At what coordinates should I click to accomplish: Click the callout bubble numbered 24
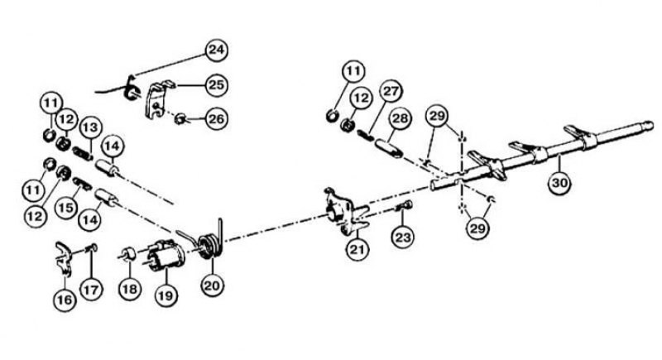coord(217,50)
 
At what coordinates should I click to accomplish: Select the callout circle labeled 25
coord(217,85)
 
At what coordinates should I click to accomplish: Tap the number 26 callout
coord(217,118)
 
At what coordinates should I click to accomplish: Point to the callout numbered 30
coord(560,183)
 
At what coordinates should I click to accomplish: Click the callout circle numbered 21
coord(357,249)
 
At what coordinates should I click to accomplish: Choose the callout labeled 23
coord(403,237)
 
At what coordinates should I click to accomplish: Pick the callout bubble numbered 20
coord(212,286)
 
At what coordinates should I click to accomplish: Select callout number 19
coord(166,295)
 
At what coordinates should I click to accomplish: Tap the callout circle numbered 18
coord(130,289)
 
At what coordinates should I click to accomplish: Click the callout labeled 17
coord(91,290)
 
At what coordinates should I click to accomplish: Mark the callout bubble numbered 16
coord(65,300)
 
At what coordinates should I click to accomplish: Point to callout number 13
coord(91,127)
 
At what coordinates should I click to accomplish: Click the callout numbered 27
coord(391,91)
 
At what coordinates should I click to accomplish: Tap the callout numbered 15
coord(66,208)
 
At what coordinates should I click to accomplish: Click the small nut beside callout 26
coord(180,118)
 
